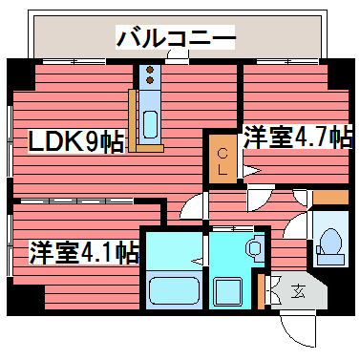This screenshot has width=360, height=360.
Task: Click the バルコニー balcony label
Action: click(x=176, y=38)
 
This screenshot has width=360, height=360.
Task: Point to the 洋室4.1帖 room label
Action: click(x=84, y=253)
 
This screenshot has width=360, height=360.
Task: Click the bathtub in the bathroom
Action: click(x=173, y=291)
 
